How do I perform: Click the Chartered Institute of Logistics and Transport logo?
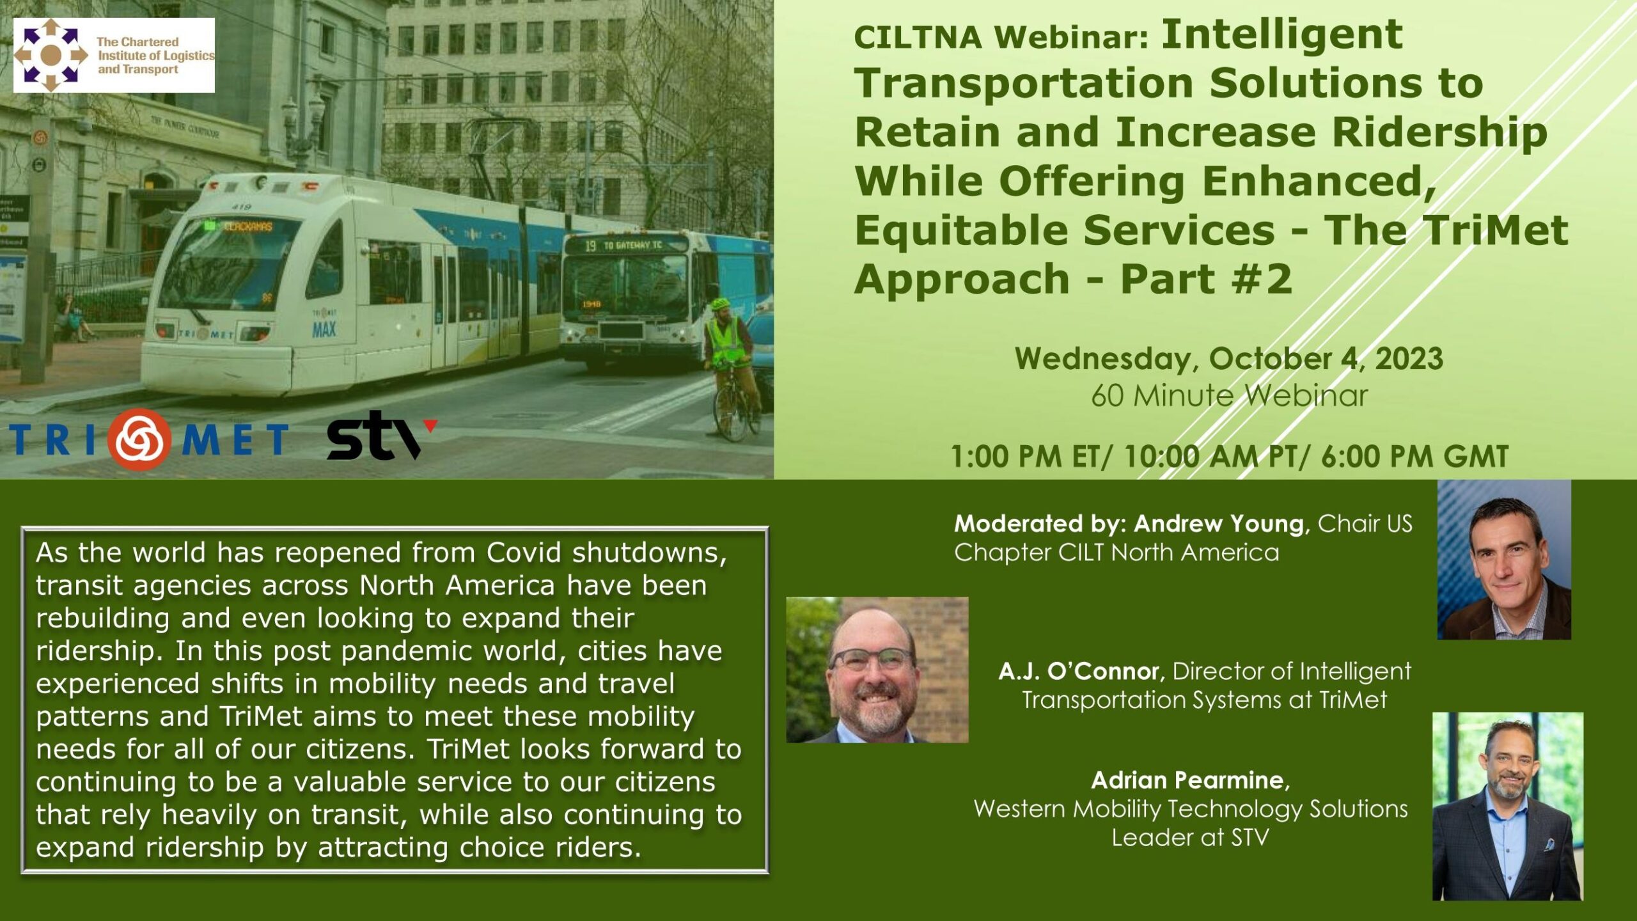click(x=114, y=55)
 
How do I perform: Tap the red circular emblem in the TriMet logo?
click(x=139, y=439)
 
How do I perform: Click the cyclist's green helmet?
click(x=721, y=304)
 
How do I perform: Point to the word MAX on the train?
click(x=324, y=329)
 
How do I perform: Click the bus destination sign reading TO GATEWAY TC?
click(x=624, y=245)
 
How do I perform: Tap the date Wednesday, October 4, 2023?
click(x=1228, y=358)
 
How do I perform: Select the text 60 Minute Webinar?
click(x=1229, y=395)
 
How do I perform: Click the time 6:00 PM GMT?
click(x=1414, y=456)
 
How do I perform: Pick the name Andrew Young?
click(x=1219, y=524)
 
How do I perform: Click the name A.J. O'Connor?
click(x=1078, y=671)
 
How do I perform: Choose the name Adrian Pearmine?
click(x=1187, y=780)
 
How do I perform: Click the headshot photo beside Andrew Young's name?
click(x=1504, y=560)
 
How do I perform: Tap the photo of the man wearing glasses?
click(x=877, y=670)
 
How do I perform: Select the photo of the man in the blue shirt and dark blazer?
click(x=1507, y=807)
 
